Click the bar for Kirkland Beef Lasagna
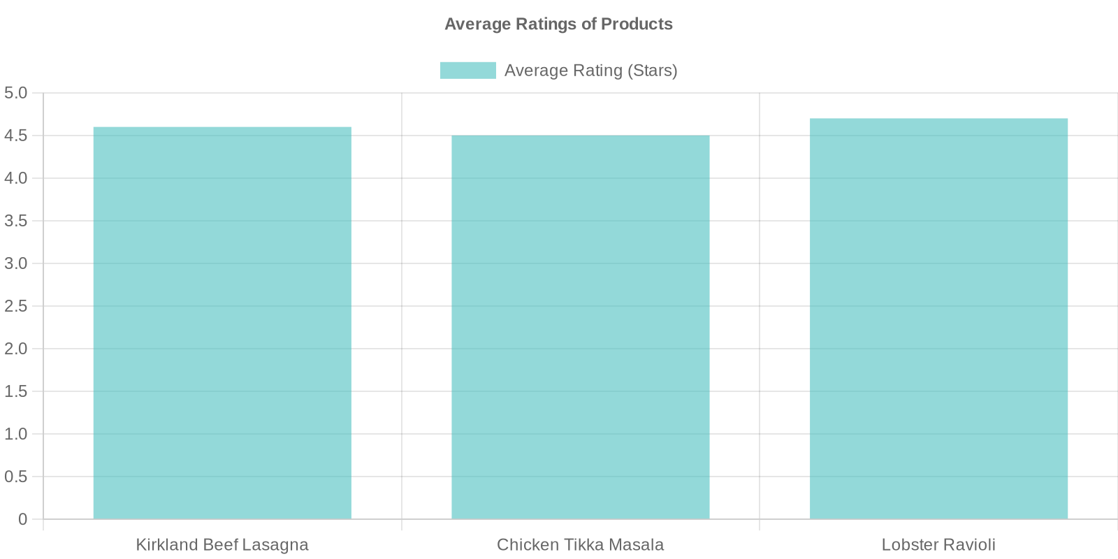(x=222, y=323)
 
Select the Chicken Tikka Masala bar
(x=581, y=327)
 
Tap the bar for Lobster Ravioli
(x=939, y=319)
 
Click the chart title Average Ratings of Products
(x=558, y=24)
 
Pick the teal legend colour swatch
(x=467, y=71)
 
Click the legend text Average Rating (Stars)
(x=590, y=71)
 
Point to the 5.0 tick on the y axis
(x=15, y=93)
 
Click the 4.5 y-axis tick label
(x=15, y=136)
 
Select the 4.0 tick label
(x=15, y=178)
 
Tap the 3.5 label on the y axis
(x=15, y=221)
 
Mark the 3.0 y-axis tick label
(x=15, y=263)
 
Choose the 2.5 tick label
(x=15, y=306)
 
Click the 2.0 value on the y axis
(x=15, y=349)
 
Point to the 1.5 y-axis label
(x=15, y=391)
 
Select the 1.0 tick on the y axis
(x=15, y=434)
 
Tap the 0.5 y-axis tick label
(x=15, y=477)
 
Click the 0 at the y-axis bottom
(x=22, y=519)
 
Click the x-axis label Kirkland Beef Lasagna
(x=222, y=545)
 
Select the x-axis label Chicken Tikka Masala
(x=581, y=545)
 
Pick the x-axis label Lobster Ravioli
(x=938, y=545)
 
